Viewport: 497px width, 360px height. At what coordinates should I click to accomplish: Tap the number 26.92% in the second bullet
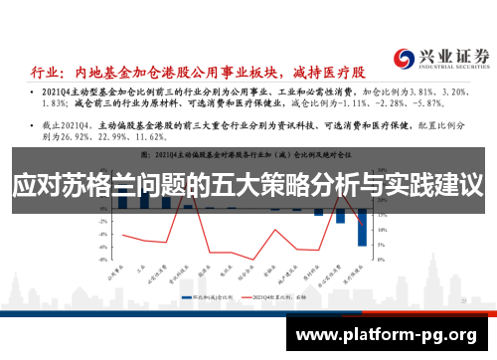[64, 138]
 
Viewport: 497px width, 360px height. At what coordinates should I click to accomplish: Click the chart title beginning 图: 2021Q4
[248, 156]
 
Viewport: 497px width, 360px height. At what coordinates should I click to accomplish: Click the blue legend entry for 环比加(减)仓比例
[204, 295]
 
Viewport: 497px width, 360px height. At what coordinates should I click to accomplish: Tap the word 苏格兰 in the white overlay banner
[94, 186]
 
